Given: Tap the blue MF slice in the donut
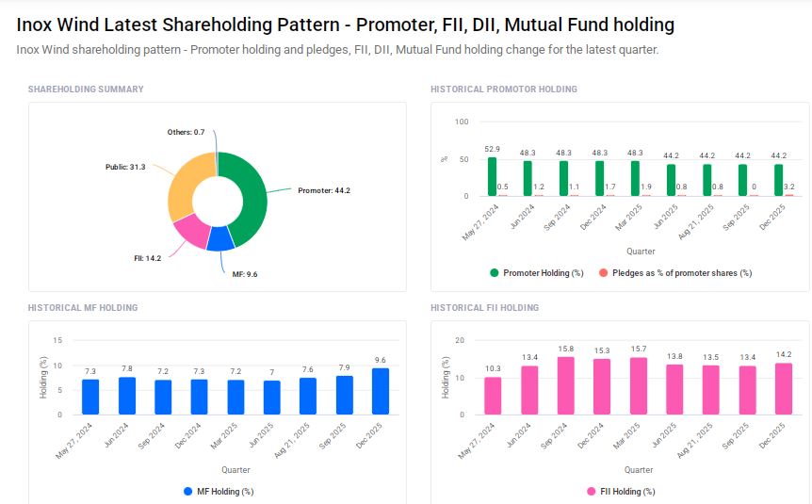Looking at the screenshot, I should [220, 237].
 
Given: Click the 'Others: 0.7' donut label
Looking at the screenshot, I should [186, 132].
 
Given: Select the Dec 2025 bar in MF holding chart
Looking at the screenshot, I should [381, 391].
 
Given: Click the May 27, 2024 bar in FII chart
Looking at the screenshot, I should [493, 396].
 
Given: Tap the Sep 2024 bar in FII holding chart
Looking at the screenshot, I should [566, 386].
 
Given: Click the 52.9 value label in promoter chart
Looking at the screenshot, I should [492, 149].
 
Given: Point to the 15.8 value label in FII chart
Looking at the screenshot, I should [566, 349].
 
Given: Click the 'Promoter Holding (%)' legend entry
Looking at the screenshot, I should [536, 272].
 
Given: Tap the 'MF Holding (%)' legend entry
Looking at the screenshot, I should [218, 491].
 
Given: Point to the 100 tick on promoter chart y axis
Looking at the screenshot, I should [461, 122].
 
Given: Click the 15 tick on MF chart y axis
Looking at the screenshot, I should [57, 340].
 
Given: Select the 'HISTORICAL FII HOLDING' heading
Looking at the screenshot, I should [484, 308].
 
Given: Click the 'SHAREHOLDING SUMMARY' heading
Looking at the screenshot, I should [86, 89].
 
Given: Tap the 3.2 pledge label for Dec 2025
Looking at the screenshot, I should [788, 187].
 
